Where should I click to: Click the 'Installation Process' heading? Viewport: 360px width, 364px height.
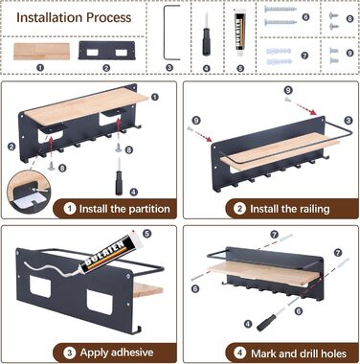tap(74, 17)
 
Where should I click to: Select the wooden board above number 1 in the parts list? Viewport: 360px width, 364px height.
tap(41, 52)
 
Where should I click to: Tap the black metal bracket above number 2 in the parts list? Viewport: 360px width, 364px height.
tap(107, 51)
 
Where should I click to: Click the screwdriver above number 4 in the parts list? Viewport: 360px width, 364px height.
tap(207, 34)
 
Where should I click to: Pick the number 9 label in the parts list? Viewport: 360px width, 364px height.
tap(349, 53)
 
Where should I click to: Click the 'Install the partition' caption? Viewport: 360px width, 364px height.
tap(124, 209)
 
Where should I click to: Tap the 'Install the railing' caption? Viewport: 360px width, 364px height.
tap(290, 209)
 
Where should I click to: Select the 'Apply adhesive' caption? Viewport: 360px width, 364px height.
tap(117, 353)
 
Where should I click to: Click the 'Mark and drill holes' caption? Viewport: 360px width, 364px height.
tap(299, 353)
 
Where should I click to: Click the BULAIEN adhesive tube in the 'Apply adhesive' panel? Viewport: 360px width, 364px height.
tap(109, 251)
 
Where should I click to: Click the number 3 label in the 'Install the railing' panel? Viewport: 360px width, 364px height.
tap(349, 121)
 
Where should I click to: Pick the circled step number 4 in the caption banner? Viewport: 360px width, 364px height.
tap(239, 353)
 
